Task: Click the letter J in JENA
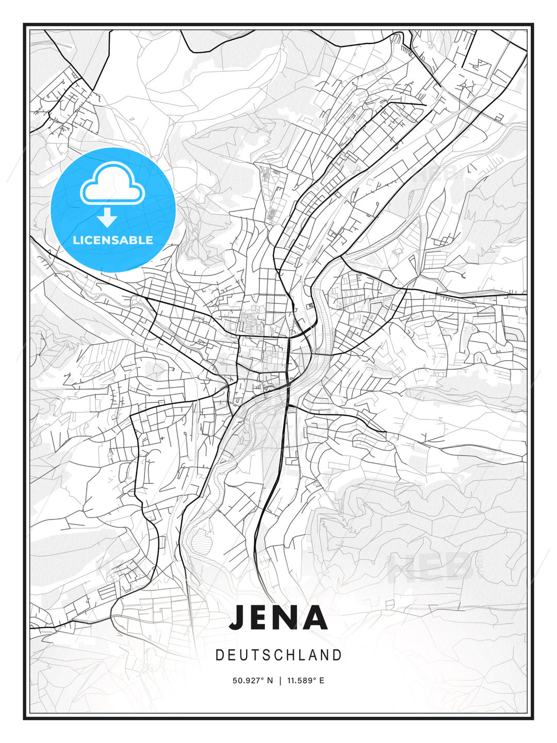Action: [238, 617]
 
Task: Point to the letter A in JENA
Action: [315, 617]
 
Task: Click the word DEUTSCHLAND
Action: [278, 655]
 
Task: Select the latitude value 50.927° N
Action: [253, 681]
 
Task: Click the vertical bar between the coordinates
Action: [280, 681]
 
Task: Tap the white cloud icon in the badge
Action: [111, 183]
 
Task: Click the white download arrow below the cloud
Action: [107, 217]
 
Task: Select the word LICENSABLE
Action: [113, 240]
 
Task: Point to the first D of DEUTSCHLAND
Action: [219, 655]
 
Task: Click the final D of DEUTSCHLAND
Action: [338, 655]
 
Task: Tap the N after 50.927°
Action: [269, 681]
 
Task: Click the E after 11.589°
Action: [322, 681]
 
